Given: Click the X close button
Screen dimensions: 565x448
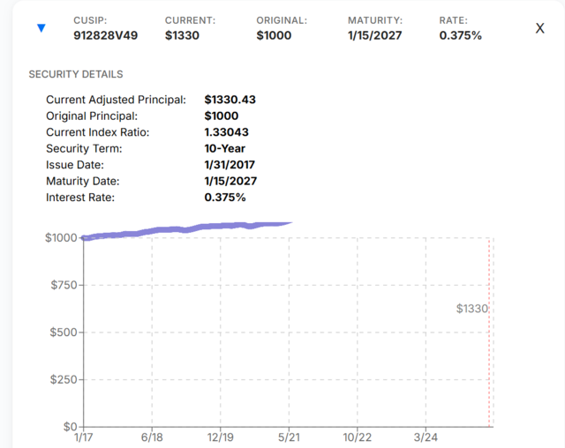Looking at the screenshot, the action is click(539, 28).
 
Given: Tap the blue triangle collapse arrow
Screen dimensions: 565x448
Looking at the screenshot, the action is click(41, 28).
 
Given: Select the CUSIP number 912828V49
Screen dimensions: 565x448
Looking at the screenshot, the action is click(106, 35).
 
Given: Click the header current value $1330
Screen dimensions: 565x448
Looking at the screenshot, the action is click(182, 35).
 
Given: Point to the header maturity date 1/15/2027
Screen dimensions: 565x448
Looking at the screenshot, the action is click(374, 35).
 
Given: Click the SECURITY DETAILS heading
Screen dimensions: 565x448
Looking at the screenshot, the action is click(76, 74).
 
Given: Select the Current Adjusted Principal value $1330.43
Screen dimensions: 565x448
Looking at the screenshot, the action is click(230, 100).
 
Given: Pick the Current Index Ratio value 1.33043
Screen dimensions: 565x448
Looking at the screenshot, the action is click(226, 132).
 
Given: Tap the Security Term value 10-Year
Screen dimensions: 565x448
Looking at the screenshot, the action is click(225, 148).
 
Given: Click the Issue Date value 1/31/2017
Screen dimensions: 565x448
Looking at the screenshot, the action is click(230, 164).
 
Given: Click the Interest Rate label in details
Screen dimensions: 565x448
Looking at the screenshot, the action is click(80, 198).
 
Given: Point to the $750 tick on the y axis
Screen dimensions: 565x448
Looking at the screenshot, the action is click(64, 285).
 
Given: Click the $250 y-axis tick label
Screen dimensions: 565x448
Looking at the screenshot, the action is click(64, 379).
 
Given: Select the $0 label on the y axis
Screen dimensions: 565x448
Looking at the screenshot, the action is click(71, 427).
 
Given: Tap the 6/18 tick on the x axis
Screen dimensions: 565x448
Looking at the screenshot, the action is click(152, 437).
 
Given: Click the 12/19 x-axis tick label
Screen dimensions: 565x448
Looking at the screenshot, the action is click(220, 437).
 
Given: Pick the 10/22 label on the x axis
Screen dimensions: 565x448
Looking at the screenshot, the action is click(357, 437).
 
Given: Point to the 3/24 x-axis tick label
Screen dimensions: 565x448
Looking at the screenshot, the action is click(426, 437).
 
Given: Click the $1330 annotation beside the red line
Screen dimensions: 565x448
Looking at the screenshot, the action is click(472, 309).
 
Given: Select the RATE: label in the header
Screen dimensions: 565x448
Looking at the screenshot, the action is click(453, 20).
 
